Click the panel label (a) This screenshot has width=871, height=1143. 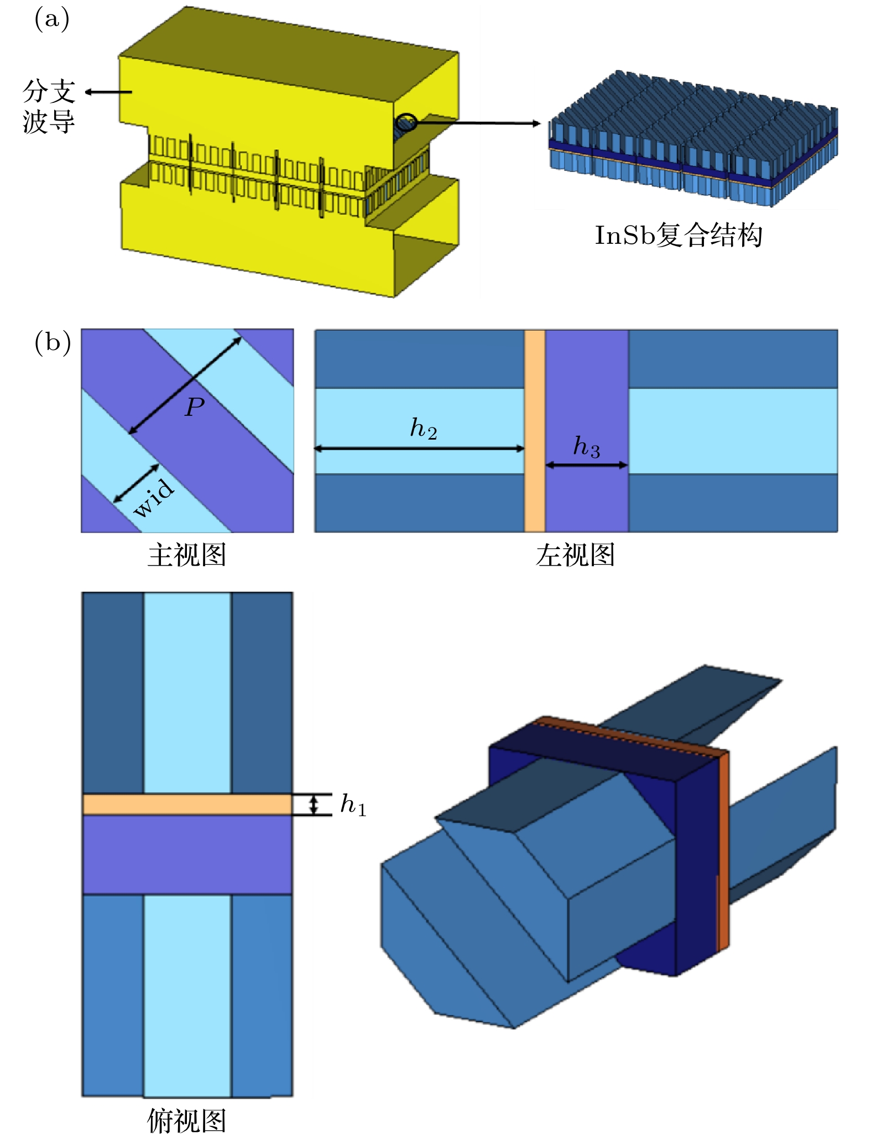(x=51, y=20)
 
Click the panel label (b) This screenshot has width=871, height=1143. (x=53, y=343)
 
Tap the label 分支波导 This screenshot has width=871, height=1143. (x=49, y=106)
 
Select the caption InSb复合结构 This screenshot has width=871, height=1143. (x=679, y=236)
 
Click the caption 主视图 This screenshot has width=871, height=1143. (x=187, y=555)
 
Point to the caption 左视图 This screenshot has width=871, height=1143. (x=575, y=555)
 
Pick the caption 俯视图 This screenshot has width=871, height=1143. (x=187, y=1121)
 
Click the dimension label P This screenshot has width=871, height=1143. (x=195, y=408)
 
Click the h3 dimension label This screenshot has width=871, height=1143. (x=586, y=447)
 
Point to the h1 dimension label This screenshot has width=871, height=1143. (x=353, y=805)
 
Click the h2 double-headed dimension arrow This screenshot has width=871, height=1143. (x=419, y=448)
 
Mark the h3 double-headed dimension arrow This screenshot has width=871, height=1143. (x=586, y=465)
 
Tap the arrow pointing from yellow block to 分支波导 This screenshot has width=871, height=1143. (x=108, y=92)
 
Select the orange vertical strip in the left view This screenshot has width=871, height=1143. (x=534, y=431)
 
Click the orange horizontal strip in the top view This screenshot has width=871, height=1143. (x=187, y=805)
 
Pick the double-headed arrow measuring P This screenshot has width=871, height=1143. (x=185, y=385)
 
